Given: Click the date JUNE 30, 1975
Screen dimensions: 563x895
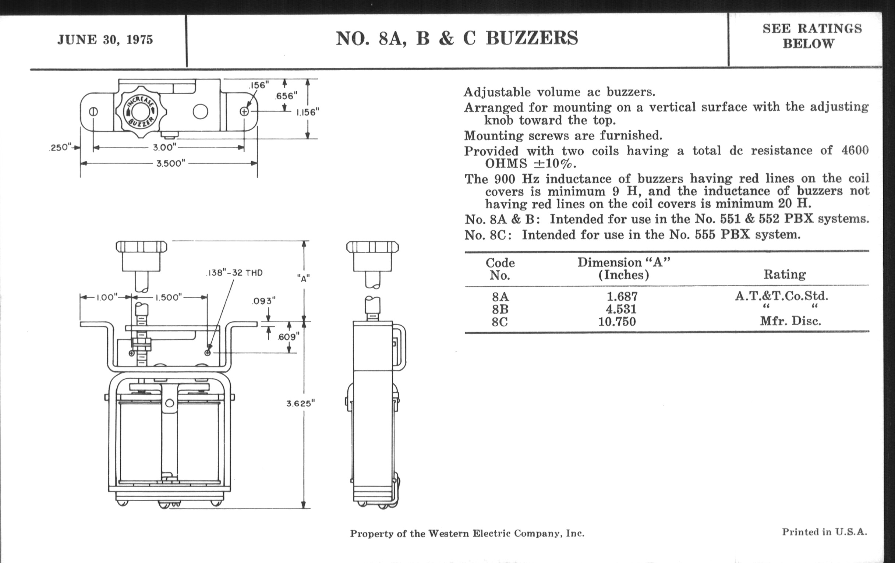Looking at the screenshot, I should click(105, 40).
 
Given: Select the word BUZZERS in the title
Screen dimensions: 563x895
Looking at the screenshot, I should click(532, 38).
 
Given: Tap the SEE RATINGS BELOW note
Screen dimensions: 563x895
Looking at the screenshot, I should click(812, 36).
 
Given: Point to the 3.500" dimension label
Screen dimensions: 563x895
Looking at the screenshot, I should click(171, 163).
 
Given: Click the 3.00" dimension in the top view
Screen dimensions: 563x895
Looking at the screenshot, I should click(165, 148).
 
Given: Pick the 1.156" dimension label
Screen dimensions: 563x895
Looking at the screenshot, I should click(308, 112).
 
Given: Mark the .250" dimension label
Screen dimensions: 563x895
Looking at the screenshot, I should click(60, 148).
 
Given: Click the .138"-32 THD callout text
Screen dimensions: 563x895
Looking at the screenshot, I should click(234, 273).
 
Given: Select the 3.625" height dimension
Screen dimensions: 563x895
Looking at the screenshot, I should click(300, 404).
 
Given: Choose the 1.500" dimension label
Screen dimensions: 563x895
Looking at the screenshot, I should click(169, 297).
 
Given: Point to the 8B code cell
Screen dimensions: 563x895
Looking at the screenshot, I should click(500, 309).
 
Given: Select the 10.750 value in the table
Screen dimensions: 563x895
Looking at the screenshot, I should click(617, 322).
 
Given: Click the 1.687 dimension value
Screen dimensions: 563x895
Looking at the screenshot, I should click(622, 297).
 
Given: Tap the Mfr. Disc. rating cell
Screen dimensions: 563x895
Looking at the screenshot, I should click(790, 321).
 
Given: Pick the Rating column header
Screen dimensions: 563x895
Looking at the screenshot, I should click(785, 275).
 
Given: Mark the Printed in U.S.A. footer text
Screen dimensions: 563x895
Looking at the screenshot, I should click(824, 532).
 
